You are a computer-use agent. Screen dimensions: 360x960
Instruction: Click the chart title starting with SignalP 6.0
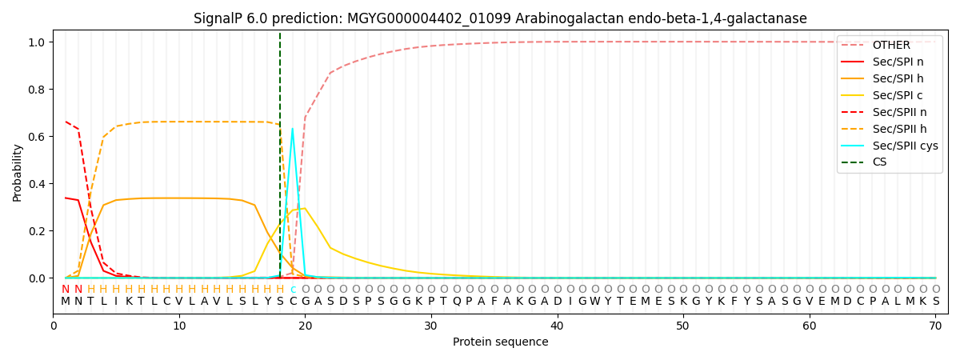tap(500, 18)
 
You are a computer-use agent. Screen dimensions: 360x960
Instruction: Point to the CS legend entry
tap(880, 162)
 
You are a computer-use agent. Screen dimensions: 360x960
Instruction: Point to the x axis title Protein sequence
tap(500, 342)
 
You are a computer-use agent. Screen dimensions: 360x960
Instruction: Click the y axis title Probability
tap(18, 172)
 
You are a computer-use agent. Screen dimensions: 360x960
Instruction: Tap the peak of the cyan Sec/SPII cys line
tap(292, 129)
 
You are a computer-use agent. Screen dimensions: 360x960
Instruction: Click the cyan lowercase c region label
tap(293, 290)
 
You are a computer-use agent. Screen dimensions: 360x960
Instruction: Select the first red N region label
tap(66, 290)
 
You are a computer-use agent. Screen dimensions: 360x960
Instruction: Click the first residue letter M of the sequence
tap(66, 302)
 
